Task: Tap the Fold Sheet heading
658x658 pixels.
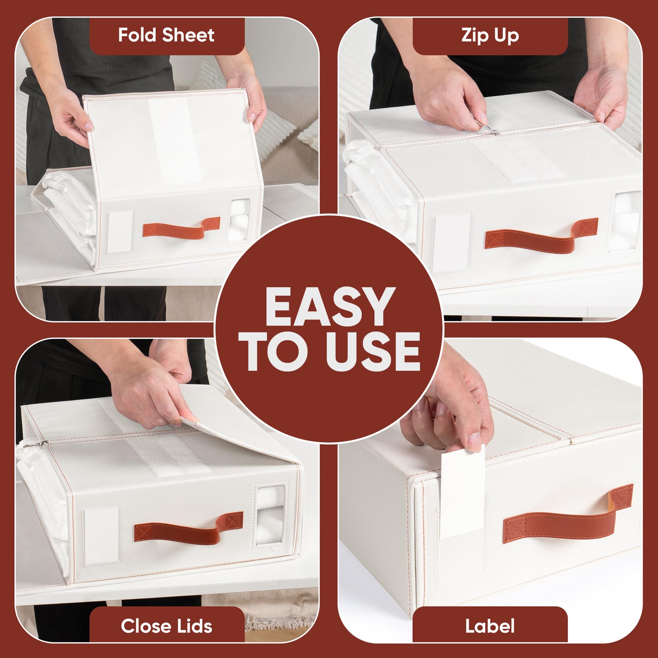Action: click(167, 35)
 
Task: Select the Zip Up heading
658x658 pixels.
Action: click(490, 36)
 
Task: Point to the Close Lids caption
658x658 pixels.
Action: click(167, 626)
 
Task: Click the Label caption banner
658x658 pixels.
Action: click(490, 626)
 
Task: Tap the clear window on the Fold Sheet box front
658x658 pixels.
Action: click(239, 220)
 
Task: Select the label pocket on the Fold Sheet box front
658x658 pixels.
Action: click(120, 232)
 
